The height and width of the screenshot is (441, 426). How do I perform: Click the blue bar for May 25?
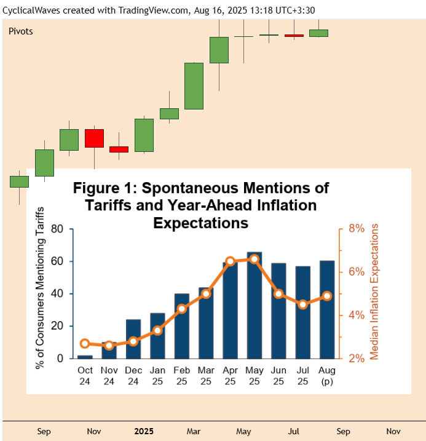tap(254, 305)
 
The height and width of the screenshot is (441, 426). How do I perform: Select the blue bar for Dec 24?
tap(133, 339)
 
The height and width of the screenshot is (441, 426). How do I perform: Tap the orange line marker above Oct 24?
tap(85, 343)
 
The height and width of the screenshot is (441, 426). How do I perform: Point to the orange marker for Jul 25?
tap(302, 304)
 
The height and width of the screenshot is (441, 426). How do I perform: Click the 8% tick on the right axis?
tap(357, 228)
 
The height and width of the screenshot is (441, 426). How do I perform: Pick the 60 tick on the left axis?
tap(57, 261)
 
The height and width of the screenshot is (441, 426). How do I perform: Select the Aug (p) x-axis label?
tap(327, 375)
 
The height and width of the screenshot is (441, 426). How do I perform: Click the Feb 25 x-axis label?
tap(182, 375)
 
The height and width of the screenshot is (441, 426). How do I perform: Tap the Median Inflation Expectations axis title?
tap(374, 292)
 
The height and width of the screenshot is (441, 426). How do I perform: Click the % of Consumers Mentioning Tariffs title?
tap(41, 292)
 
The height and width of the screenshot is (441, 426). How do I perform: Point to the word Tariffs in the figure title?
tap(114, 205)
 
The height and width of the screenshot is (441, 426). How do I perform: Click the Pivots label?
tap(21, 31)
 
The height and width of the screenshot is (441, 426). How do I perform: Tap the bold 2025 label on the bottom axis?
tap(144, 431)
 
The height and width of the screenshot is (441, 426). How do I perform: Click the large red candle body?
tap(94, 138)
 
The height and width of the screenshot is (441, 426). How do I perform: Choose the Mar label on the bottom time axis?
tap(194, 431)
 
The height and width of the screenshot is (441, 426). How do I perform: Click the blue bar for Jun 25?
tap(278, 311)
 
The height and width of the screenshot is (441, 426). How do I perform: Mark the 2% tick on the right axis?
tap(357, 358)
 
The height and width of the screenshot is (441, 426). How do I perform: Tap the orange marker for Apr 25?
tap(231, 261)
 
